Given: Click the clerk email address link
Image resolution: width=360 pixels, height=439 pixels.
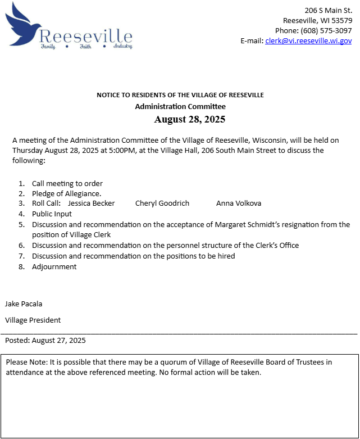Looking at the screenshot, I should click(308, 40).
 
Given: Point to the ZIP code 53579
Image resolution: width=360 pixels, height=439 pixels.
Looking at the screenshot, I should click(341, 20).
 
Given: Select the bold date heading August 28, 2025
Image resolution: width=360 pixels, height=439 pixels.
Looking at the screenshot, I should click(189, 119).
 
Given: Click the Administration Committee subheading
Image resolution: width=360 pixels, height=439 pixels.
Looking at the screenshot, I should click(180, 106).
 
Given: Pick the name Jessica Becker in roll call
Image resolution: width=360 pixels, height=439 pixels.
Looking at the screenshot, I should click(91, 203).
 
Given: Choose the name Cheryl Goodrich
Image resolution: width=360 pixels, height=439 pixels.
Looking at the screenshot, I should click(162, 203).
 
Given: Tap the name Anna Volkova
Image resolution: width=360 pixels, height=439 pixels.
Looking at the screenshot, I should click(239, 203).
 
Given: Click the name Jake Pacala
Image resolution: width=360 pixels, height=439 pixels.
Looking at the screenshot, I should click(24, 304).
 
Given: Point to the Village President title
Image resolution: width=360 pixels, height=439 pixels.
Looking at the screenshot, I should click(33, 320).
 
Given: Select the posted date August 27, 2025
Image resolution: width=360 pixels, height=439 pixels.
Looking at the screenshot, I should click(59, 341).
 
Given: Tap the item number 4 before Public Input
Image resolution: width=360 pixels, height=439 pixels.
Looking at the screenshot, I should click(21, 214).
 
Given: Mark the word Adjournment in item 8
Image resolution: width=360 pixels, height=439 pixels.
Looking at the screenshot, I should click(54, 267).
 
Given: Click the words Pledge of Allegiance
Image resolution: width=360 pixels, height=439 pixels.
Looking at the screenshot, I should click(66, 193).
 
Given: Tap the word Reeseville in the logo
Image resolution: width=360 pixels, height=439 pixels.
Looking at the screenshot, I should click(86, 37).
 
